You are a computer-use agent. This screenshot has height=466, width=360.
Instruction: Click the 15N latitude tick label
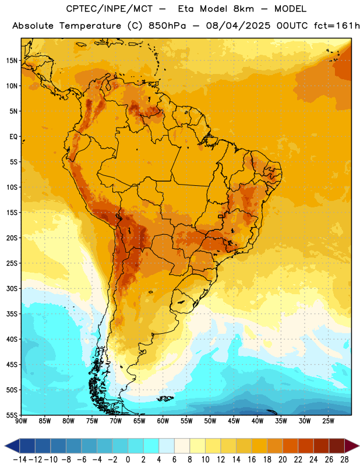[12, 61]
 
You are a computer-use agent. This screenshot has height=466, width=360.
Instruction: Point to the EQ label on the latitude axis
[13, 137]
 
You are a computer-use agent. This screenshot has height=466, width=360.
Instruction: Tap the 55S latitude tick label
[12, 415]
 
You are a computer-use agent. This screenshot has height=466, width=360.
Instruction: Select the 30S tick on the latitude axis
[12, 288]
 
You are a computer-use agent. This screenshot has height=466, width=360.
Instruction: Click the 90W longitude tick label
[21, 421]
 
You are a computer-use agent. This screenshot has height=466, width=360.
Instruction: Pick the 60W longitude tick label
[163, 421]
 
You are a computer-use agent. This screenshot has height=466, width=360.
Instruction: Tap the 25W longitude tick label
[328, 421]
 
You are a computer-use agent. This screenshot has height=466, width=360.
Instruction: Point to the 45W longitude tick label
[234, 421]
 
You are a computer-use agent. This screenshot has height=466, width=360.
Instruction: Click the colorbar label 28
[344, 460]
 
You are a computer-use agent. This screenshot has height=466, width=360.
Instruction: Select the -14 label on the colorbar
[20, 460]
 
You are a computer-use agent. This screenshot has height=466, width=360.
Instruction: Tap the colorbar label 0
[128, 460]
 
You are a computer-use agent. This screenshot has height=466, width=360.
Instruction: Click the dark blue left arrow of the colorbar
[12, 446]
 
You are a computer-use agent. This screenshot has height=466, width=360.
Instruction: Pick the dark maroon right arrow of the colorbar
[352, 446]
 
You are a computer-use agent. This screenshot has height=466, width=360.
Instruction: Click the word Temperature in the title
[90, 26]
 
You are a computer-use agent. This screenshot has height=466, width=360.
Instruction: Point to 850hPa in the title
[167, 26]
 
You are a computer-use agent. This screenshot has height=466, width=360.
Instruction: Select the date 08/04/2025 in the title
[238, 26]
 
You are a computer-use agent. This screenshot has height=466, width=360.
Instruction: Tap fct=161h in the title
[337, 26]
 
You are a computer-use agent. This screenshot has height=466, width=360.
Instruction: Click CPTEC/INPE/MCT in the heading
[109, 9]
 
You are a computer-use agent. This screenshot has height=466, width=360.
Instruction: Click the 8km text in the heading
[243, 9]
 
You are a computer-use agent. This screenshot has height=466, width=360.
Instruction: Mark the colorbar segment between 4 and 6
[167, 446]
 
